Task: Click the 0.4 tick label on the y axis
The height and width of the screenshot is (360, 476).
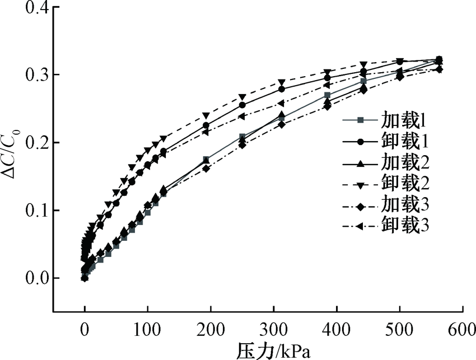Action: tap(31, 7)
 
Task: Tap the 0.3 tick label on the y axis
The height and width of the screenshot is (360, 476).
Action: tap(31, 75)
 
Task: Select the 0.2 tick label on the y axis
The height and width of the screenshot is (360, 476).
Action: tap(31, 143)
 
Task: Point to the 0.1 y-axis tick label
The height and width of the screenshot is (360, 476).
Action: tap(31, 211)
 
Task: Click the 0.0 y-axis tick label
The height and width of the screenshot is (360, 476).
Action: tap(31, 278)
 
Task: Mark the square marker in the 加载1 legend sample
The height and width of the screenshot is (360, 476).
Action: tap(361, 119)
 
